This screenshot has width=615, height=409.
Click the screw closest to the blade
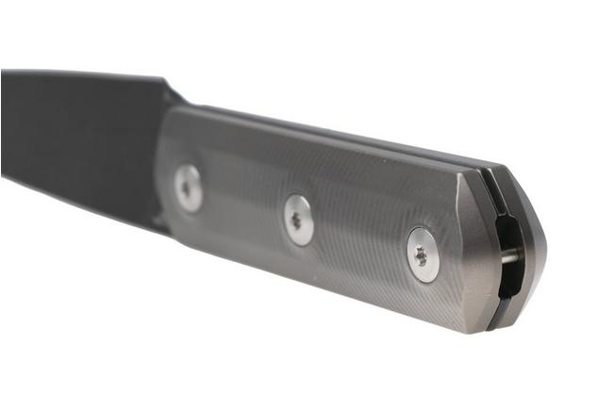pyautogui.click(x=189, y=188)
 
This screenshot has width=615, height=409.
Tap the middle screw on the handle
pyautogui.click(x=299, y=221)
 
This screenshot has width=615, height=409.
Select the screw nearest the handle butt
pyautogui.click(x=422, y=254)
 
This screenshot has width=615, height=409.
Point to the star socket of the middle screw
pyautogui.click(x=298, y=221)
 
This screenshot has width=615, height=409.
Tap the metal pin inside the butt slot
pyautogui.click(x=510, y=256)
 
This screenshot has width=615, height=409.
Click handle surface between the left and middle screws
pyautogui.click(x=243, y=203)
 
